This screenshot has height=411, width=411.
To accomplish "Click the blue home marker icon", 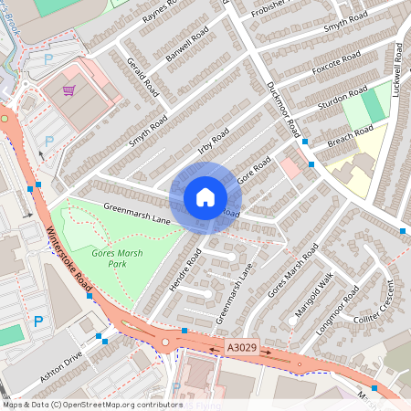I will (205, 197).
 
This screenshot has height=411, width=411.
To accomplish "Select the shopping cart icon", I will (68, 91).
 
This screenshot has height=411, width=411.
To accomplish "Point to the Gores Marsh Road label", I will (292, 272).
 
